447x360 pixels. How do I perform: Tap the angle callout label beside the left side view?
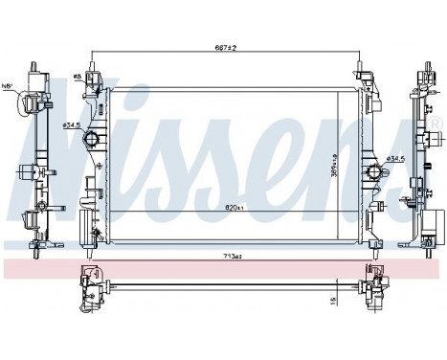point(9,86)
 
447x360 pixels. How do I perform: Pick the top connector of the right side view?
point(422,71)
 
